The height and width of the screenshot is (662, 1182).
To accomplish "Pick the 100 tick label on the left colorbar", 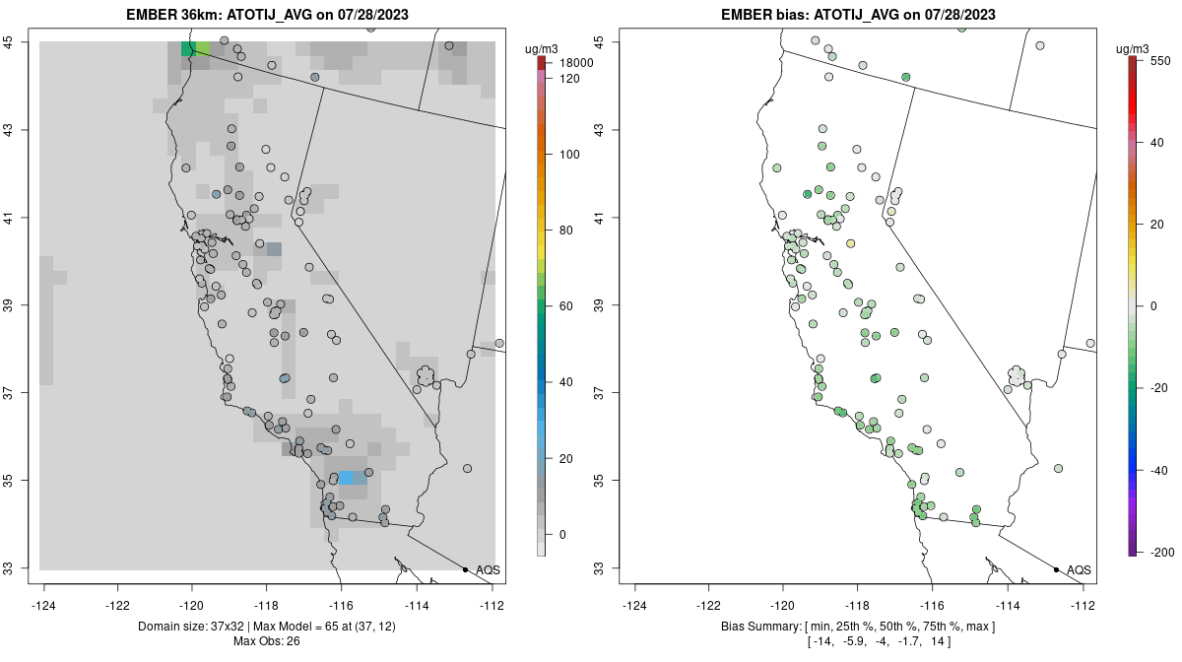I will tap(570, 155).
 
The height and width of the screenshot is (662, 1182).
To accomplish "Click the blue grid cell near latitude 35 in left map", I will tap(352, 478).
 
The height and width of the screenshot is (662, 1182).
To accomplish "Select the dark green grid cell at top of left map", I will tap(187, 49).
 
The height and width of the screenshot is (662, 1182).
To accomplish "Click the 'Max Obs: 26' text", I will tap(266, 641).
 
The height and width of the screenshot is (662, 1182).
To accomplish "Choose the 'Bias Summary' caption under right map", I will tap(761, 627).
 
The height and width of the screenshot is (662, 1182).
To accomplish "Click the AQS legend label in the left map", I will tap(488, 570).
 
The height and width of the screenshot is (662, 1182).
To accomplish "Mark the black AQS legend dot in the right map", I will tap(1056, 569).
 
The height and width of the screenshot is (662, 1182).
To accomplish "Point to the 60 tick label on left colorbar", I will tap(566, 306).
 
